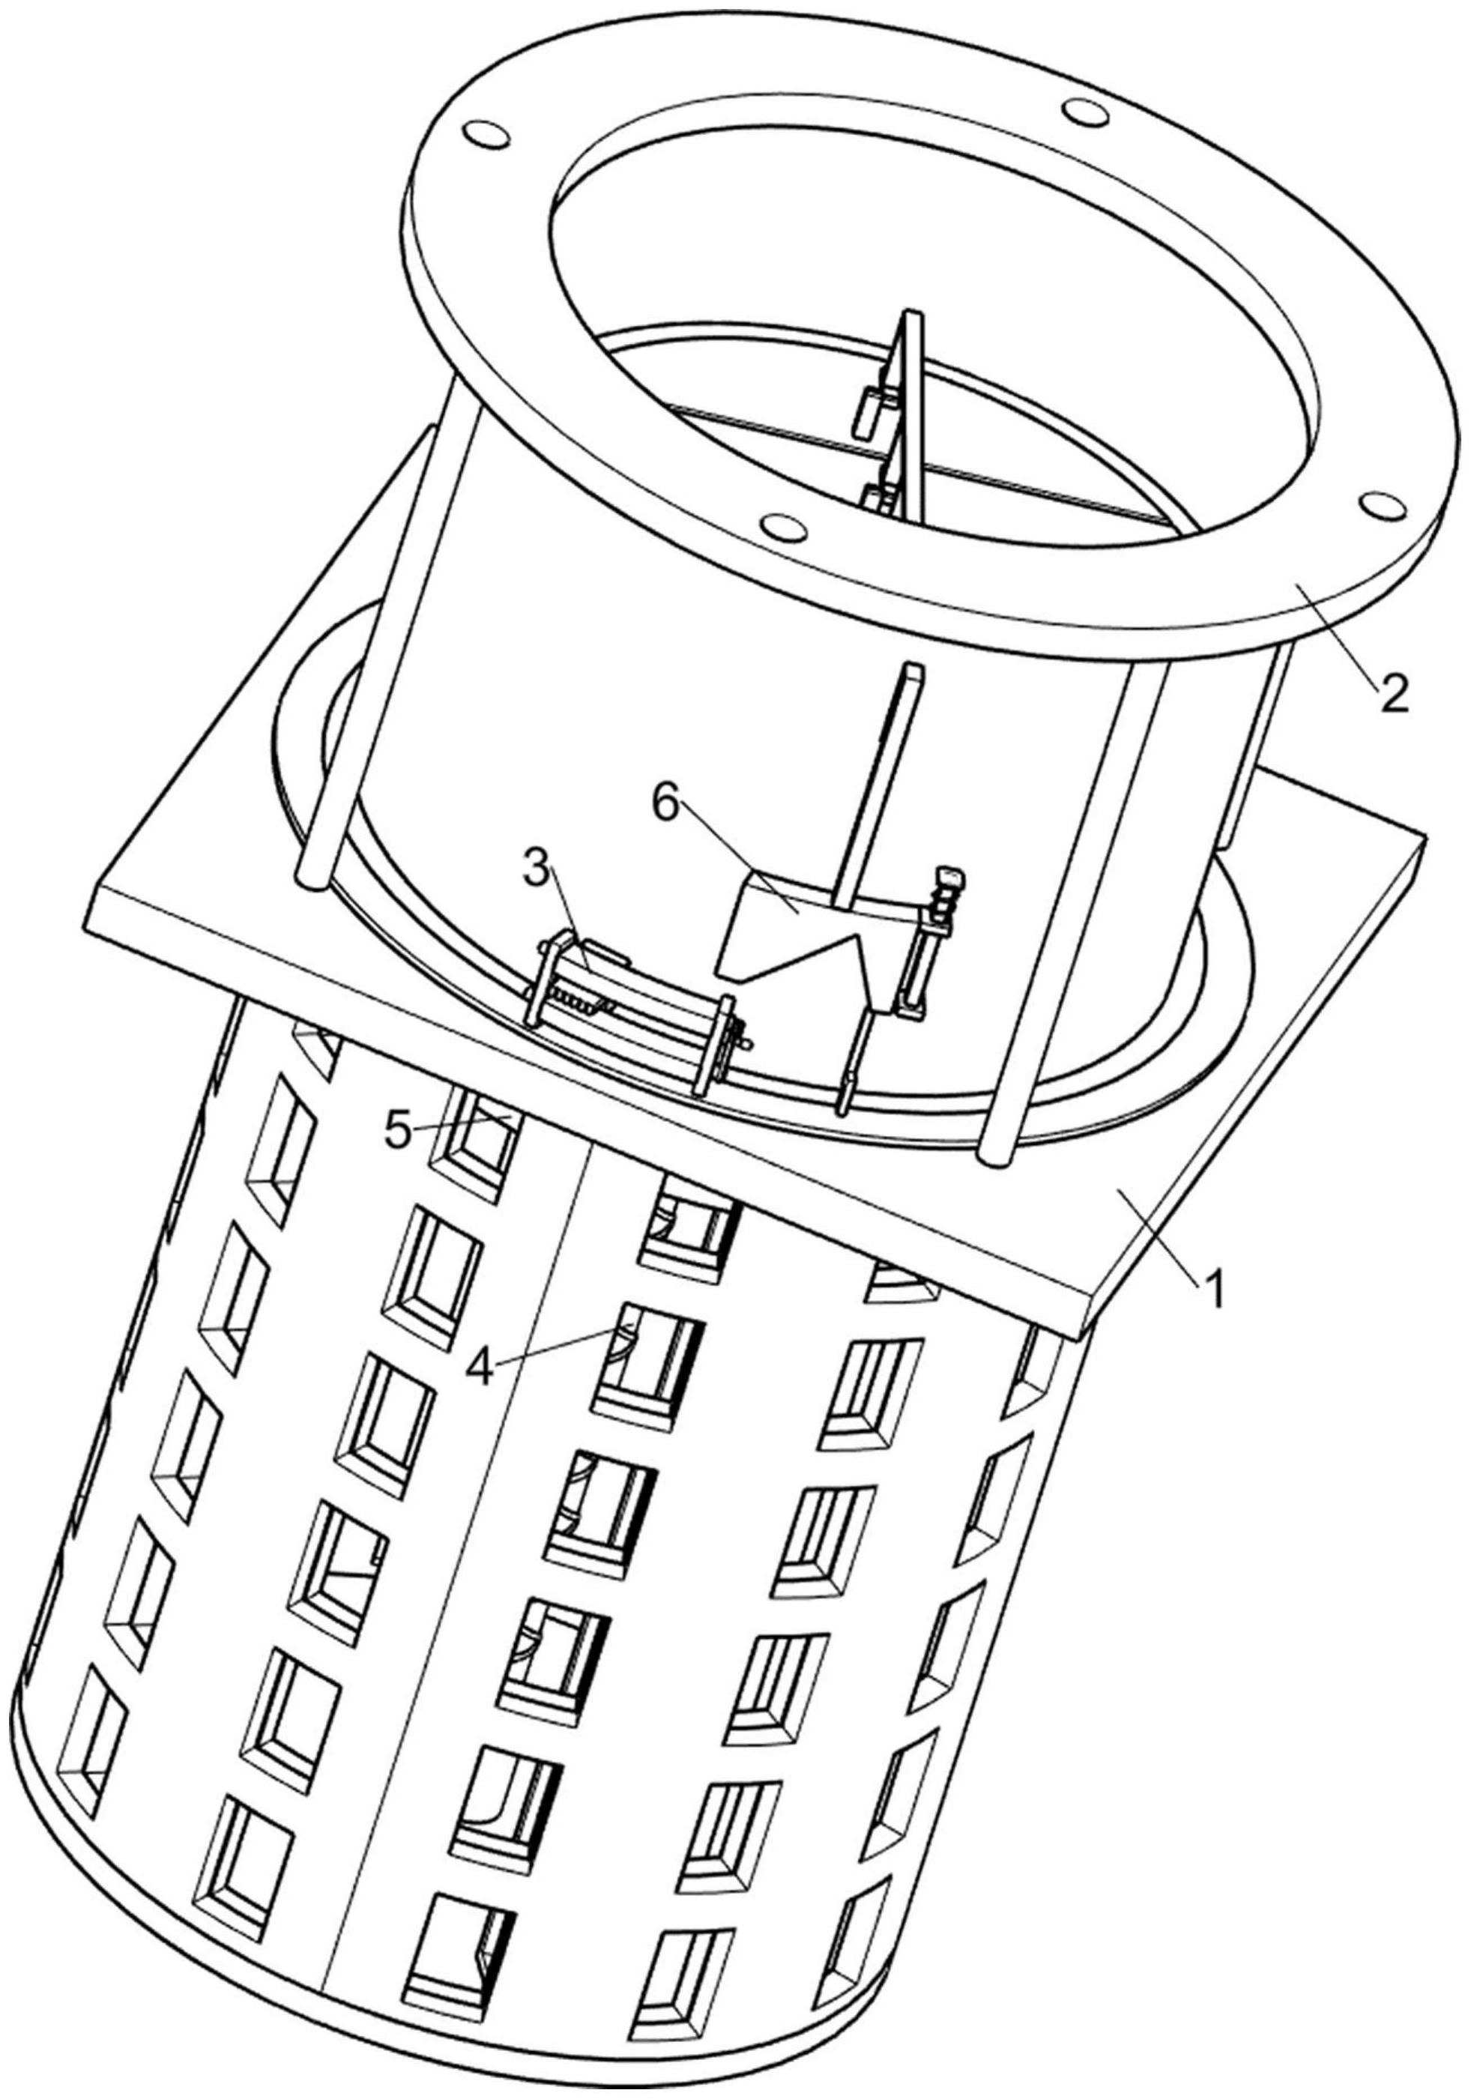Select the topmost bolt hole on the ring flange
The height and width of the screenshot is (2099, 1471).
(x=1084, y=112)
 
